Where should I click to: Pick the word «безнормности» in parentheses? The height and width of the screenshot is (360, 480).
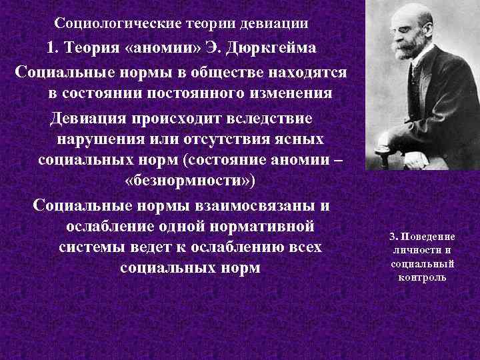click(189, 181)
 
